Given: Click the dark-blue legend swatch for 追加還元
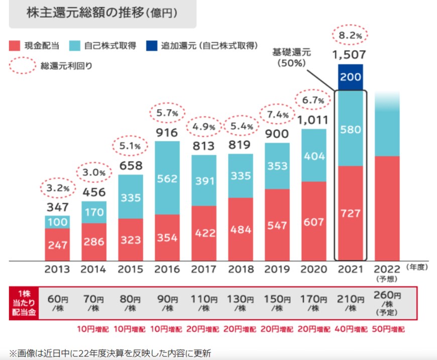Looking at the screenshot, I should click(x=151, y=46).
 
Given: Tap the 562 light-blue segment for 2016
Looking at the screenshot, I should click(x=167, y=178).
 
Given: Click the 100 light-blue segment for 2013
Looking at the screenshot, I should click(x=58, y=221).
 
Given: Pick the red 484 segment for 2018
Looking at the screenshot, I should click(x=241, y=229).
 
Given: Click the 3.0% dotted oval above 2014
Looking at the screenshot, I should click(x=94, y=173).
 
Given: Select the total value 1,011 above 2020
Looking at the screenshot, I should click(x=314, y=119).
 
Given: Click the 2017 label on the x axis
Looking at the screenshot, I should click(x=204, y=270).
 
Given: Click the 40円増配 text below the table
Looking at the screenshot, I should click(x=351, y=330).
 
